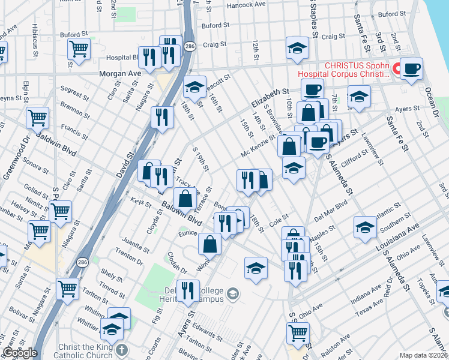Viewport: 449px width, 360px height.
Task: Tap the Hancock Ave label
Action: point(246,4)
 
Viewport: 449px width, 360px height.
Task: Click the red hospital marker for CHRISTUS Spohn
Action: point(396,70)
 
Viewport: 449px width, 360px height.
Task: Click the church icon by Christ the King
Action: point(122,350)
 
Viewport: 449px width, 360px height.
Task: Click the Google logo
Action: point(20,353)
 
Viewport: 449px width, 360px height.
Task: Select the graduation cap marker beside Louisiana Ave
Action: point(365,227)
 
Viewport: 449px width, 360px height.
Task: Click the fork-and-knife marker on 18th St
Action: point(247,179)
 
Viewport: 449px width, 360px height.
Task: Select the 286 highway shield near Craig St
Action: point(189,46)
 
